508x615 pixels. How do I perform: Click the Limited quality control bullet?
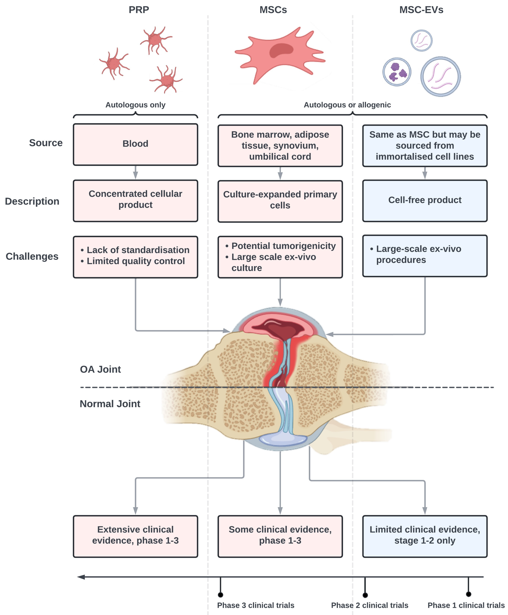click(x=136, y=261)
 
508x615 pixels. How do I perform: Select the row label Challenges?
click(x=32, y=256)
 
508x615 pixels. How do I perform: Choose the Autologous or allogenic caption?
click(x=347, y=105)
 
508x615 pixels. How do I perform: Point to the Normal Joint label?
click(x=110, y=404)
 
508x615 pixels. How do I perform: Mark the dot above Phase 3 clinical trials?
click(x=220, y=595)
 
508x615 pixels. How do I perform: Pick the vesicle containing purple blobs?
click(x=397, y=72)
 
